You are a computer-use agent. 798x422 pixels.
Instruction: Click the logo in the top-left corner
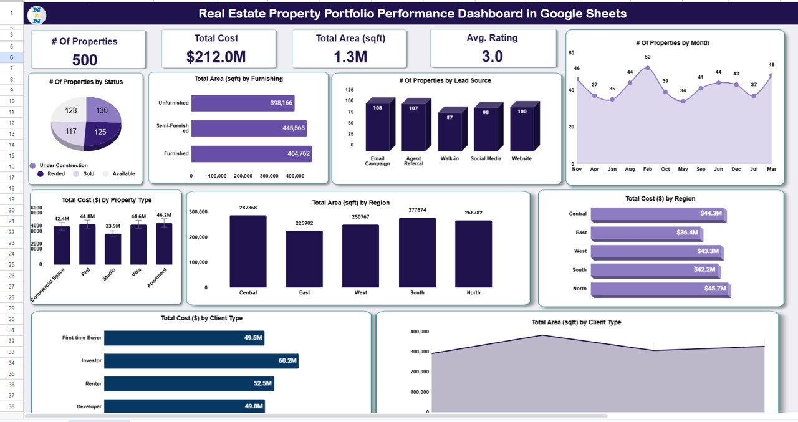point(37,14)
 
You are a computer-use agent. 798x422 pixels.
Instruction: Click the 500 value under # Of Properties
point(85,60)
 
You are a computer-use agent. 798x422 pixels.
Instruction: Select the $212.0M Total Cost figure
point(216,57)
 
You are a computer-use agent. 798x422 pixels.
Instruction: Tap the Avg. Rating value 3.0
point(492,57)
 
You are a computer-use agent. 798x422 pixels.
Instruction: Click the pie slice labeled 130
point(102,110)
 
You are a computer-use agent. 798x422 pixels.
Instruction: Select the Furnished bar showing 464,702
point(251,154)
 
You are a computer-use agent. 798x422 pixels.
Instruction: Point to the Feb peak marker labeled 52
point(648,67)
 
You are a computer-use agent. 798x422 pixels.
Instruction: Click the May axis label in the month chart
point(683,169)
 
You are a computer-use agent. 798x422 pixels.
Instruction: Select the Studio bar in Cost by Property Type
point(113,249)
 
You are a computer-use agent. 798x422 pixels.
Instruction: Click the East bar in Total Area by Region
point(304,259)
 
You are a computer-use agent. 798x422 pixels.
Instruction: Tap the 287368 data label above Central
point(248,208)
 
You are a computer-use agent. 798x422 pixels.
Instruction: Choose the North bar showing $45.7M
point(660,289)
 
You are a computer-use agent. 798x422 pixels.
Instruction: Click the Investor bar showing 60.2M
point(201,361)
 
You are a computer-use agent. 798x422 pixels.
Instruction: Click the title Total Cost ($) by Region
point(660,199)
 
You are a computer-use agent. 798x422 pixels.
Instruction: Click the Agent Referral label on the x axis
point(413,161)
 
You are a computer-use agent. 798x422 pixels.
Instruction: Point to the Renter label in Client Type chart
point(93,384)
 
